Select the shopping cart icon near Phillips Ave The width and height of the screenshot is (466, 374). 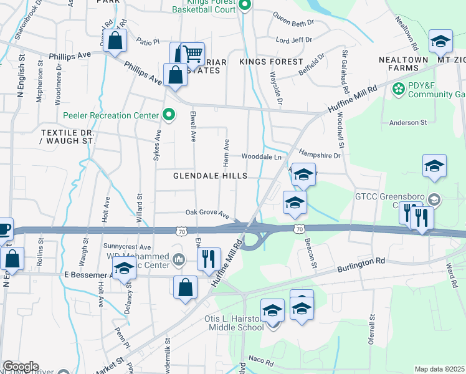pos(192,54)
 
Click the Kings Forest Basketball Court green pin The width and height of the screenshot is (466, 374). pos(245,6)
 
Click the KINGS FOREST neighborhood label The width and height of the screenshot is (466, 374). pos(271,62)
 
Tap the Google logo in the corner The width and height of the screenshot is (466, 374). pos(21,366)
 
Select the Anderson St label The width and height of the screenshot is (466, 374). pos(407,123)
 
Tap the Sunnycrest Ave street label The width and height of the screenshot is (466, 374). pos(128,247)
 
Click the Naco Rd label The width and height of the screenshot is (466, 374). pos(261,361)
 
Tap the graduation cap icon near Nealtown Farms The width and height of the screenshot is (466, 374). pos(440,42)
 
